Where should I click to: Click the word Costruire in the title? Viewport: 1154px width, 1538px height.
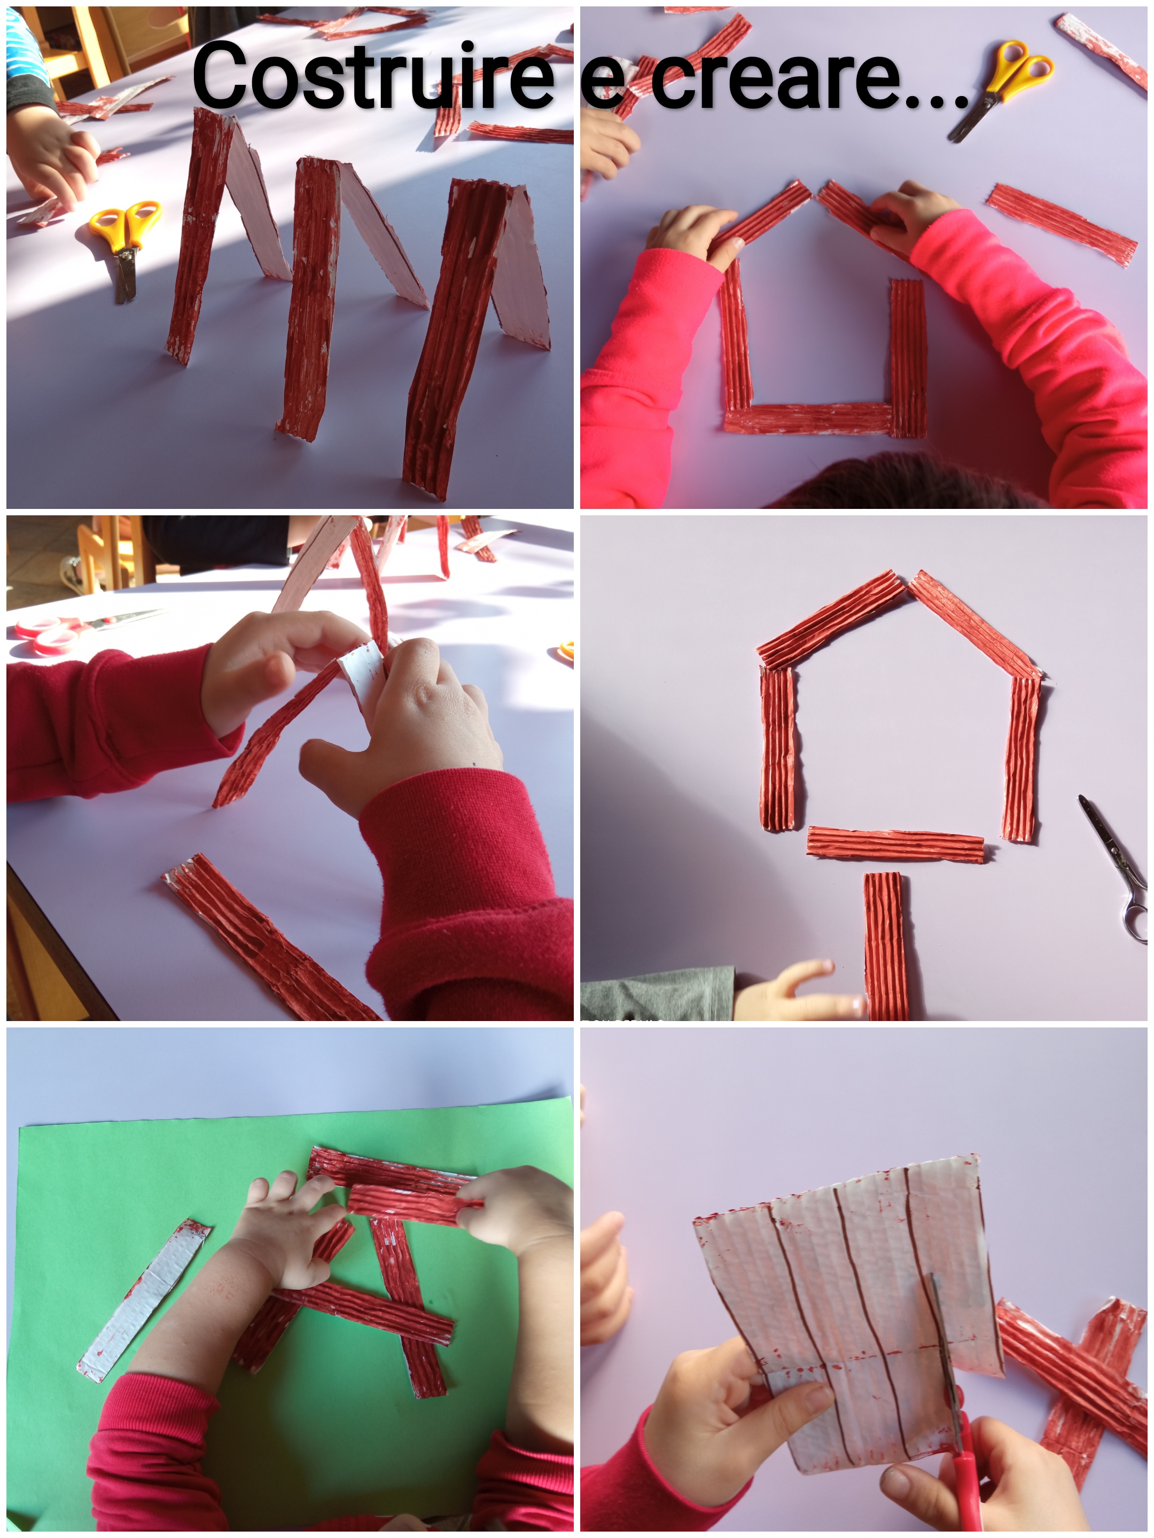pos(372,76)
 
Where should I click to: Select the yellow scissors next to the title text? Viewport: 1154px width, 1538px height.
pos(1002,87)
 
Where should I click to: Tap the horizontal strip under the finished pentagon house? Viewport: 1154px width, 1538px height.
pos(895,844)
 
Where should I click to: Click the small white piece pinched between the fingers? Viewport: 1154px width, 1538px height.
pos(362,669)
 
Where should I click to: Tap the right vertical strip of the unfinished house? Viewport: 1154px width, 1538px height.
pos(908,358)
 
